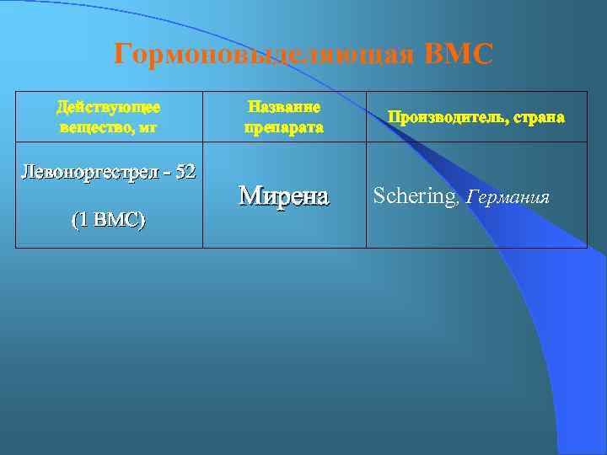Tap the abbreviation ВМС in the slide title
point(459,55)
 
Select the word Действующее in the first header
point(109,107)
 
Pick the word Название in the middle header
point(284,107)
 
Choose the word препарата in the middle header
point(284,127)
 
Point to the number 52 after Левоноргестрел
point(186,172)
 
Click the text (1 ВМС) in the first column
point(108,220)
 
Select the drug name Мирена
point(283,195)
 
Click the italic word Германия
point(508,197)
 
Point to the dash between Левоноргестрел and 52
point(168,173)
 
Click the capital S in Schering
point(379,196)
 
